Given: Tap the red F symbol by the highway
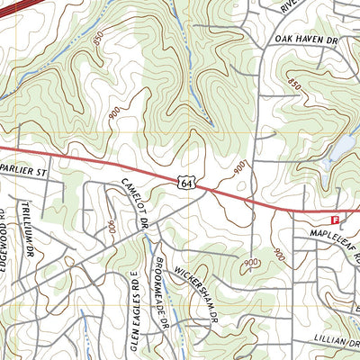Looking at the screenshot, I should click(336, 219).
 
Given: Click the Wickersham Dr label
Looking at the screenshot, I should click(197, 292).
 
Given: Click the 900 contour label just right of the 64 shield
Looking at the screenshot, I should click(239, 167).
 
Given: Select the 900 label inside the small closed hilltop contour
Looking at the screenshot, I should click(250, 262).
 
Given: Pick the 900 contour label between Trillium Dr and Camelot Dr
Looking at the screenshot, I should click(111, 227).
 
